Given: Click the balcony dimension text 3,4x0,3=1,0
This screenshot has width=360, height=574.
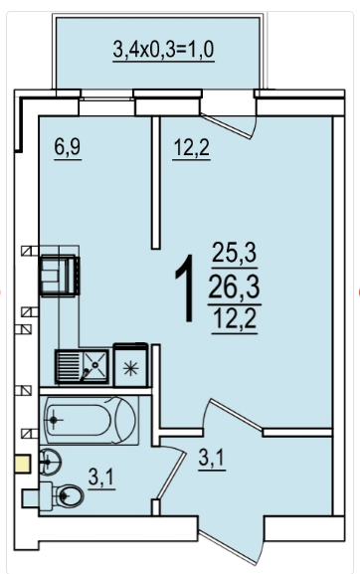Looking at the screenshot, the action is pyautogui.click(x=163, y=50).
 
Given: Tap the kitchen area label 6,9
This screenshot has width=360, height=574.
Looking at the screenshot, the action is pyautogui.click(x=68, y=147).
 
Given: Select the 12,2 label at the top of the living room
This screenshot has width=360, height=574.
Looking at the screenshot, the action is pyautogui.click(x=191, y=147).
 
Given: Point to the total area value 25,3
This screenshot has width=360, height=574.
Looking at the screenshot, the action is pyautogui.click(x=234, y=253).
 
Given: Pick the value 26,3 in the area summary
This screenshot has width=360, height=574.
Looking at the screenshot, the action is pyautogui.click(x=234, y=287).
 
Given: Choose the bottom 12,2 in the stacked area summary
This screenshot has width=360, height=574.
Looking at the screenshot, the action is pyautogui.click(x=235, y=319).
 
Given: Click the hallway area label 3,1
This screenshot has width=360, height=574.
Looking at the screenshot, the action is pyautogui.click(x=212, y=458).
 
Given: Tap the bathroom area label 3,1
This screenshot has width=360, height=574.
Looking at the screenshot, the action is pyautogui.click(x=101, y=478).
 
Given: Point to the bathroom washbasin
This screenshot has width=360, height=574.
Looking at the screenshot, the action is pyautogui.click(x=49, y=462).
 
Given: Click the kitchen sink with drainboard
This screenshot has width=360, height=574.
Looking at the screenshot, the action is pyautogui.click(x=82, y=366).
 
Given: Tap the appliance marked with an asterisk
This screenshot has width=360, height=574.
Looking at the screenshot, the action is pyautogui.click(x=130, y=365).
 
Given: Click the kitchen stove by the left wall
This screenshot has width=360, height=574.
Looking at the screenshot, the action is pyautogui.click(x=60, y=276).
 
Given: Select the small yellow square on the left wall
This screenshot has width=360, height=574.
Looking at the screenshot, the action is pyautogui.click(x=22, y=464).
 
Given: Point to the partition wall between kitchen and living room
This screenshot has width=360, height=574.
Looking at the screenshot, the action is pyautogui.click(x=156, y=183).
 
